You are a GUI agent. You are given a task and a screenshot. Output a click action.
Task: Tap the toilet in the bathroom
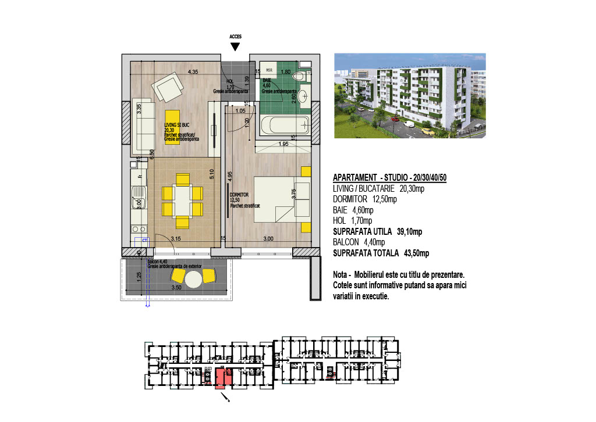coord(299,76)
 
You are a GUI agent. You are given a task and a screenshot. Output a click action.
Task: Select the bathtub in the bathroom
coord(285,124)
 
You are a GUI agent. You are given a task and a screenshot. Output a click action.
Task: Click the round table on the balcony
coord(194,280)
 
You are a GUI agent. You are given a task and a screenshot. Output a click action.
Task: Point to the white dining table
coord(182,201)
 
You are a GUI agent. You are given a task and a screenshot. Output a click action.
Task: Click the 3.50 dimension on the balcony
coord(177,287)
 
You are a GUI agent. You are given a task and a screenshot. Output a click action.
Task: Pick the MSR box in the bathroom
coord(269,70)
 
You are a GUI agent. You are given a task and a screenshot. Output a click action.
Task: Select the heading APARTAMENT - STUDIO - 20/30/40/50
coord(389,177)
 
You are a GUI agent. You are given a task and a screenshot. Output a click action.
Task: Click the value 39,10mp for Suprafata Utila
coord(409,231)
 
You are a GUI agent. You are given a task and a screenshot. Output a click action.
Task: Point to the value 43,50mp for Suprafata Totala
coord(416,253)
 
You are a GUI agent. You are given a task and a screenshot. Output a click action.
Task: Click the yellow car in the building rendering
coord(427,131)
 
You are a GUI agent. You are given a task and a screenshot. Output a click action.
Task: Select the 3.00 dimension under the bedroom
coord(268,238)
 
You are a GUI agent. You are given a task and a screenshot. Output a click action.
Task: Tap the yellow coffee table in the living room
coord(171,127)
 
